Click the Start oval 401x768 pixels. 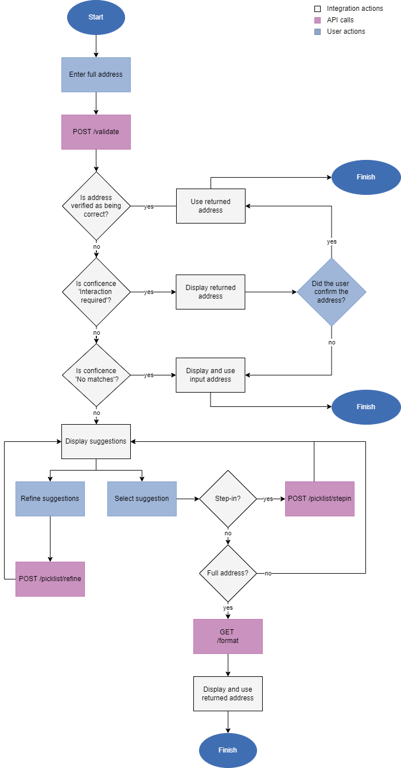click(x=96, y=17)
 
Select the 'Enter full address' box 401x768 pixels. click(x=96, y=75)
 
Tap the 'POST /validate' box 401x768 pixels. click(x=96, y=132)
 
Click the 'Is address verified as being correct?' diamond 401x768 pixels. click(x=96, y=206)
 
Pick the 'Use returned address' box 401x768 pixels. click(x=211, y=206)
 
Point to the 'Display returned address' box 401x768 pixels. click(x=211, y=292)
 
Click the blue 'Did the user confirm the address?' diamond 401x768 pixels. click(x=331, y=292)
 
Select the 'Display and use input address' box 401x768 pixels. click(x=211, y=375)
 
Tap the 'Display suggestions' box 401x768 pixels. click(x=96, y=441)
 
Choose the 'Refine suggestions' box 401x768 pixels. click(x=50, y=499)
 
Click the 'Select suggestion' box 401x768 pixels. click(x=142, y=499)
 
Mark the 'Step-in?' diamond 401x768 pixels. click(x=228, y=499)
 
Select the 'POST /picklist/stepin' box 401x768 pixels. click(x=320, y=499)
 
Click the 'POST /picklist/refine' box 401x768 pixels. click(x=50, y=579)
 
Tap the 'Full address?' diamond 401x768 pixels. click(x=228, y=573)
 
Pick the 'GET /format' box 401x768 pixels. click(x=228, y=636)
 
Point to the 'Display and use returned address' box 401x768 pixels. click(x=228, y=693)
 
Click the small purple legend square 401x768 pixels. click(x=318, y=20)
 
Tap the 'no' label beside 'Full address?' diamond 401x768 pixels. click(x=268, y=573)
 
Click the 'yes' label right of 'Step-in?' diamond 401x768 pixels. click(x=268, y=499)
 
